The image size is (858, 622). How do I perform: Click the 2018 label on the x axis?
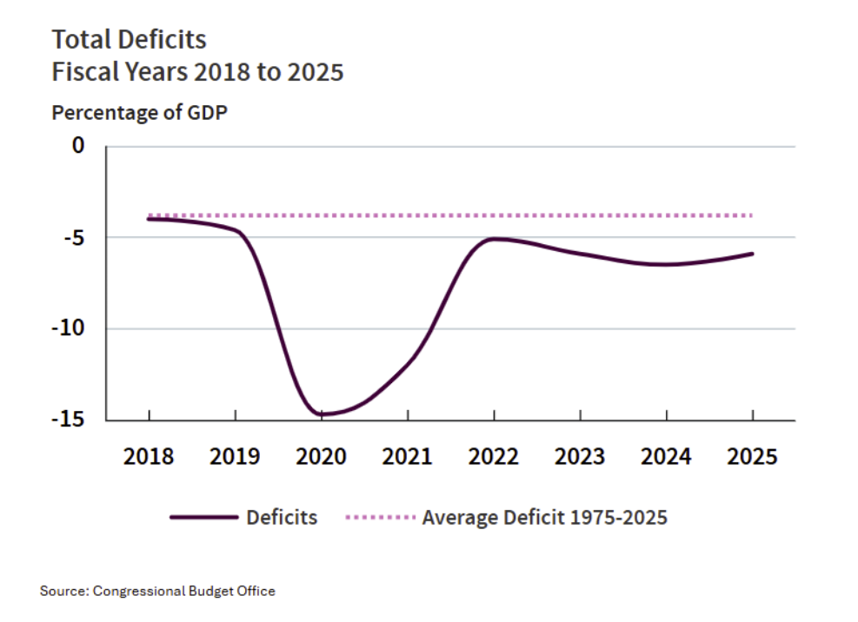tap(149, 456)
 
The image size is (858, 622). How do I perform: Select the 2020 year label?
tap(321, 456)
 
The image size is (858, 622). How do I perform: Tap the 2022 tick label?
tap(494, 456)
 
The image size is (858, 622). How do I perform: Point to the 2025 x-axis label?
tap(753, 456)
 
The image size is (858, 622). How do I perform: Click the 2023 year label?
tap(580, 456)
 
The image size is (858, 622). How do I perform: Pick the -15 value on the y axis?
tap(68, 419)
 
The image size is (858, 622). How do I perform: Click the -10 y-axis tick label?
tap(68, 328)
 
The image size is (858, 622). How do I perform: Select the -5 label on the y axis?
tap(74, 237)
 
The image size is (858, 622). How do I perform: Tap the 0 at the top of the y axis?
tap(79, 146)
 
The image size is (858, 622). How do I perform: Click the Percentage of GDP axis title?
tap(140, 113)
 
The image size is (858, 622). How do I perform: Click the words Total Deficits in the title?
tap(130, 39)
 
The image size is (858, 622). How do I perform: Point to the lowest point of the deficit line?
tap(321, 414)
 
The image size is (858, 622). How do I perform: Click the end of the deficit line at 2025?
tap(753, 254)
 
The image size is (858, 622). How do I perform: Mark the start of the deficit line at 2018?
tap(149, 219)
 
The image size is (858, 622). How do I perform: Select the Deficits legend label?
tap(282, 518)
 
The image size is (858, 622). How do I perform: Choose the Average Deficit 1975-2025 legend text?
tap(545, 518)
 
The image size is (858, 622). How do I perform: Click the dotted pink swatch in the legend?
tap(381, 517)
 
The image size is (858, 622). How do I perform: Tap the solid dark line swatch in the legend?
tap(204, 517)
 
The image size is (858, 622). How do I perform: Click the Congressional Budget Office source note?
tap(157, 592)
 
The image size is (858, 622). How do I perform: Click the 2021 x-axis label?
tap(407, 456)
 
